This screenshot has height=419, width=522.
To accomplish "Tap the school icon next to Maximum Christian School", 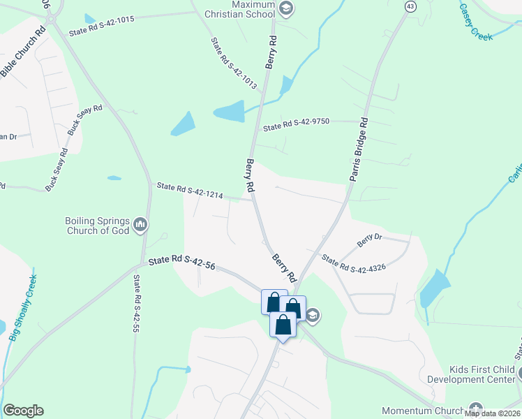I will (285, 8).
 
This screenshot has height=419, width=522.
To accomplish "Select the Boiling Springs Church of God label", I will (97, 225).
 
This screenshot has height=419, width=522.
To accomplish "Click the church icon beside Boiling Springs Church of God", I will (141, 225).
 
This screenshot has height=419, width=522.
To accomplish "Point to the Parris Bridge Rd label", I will (357, 149).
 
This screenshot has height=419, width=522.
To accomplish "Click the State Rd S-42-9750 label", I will (296, 125).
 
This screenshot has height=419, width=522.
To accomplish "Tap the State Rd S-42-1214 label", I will (190, 191).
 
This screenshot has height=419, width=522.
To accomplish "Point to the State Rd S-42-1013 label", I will (234, 63).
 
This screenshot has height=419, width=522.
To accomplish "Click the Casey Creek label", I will (477, 21).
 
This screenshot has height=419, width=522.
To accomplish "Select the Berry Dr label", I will (370, 241).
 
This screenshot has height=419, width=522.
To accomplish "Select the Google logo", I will (23, 411).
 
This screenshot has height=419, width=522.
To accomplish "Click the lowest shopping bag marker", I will (283, 325).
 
